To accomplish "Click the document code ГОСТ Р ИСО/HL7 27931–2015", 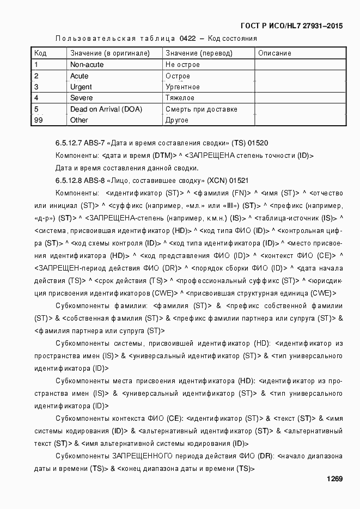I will point(292,26).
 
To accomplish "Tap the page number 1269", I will point(334,479).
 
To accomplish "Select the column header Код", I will point(40,53).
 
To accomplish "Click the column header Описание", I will point(274,53).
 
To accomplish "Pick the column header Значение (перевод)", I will point(199,53).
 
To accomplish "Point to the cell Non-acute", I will point(87,65).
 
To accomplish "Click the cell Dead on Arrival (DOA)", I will point(106,109).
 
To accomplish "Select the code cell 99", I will point(38,120).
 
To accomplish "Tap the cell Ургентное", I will point(182,87).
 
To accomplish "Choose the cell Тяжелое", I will point(180,98).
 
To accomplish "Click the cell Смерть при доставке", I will point(201,109).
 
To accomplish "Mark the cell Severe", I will point(81,98).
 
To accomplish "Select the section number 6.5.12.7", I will point(69,144).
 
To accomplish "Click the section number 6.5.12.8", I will point(69,180).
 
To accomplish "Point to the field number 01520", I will point(258,144).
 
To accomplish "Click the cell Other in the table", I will point(79,120).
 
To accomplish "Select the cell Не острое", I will point(182,65).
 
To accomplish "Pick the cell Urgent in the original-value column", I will point(81,87).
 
